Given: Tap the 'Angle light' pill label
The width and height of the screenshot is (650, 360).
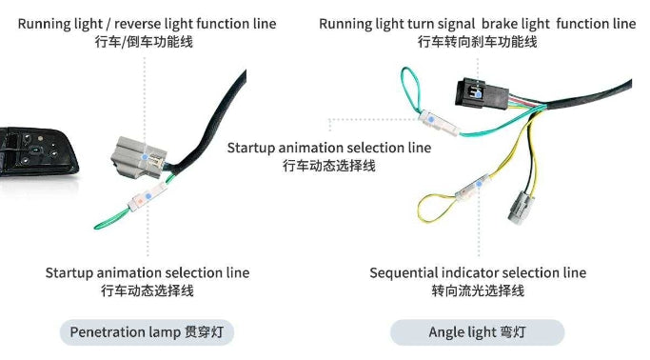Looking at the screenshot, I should coord(477,332).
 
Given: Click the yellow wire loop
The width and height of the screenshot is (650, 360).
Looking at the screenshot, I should coord(436,205).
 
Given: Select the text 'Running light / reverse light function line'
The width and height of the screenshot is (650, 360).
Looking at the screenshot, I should coord(148,23).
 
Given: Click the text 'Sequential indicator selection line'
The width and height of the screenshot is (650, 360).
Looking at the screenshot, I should coord(478,272).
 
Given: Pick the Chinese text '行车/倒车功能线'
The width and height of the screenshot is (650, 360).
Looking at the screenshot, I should coord(148,42).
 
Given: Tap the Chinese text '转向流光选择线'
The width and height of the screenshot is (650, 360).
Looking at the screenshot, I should coord(478,290).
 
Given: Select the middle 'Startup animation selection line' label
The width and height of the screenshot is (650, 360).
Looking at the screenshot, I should coord(328,148).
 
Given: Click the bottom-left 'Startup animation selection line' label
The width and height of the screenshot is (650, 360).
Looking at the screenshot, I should coord(148,272).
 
